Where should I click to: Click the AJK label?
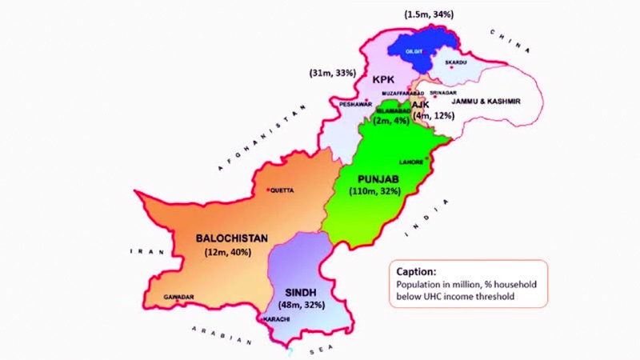[421, 105]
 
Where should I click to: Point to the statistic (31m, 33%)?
[333, 73]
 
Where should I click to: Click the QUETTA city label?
[283, 190]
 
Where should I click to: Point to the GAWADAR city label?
[179, 297]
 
